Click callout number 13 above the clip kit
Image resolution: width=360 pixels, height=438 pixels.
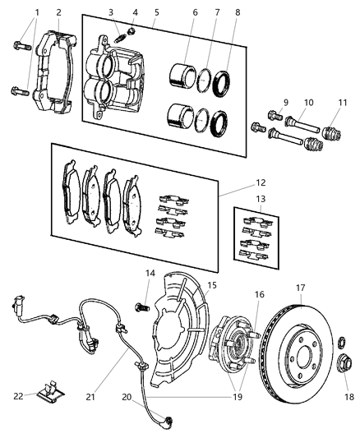(x=261, y=221)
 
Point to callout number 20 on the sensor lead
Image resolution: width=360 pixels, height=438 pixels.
(x=126, y=396)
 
